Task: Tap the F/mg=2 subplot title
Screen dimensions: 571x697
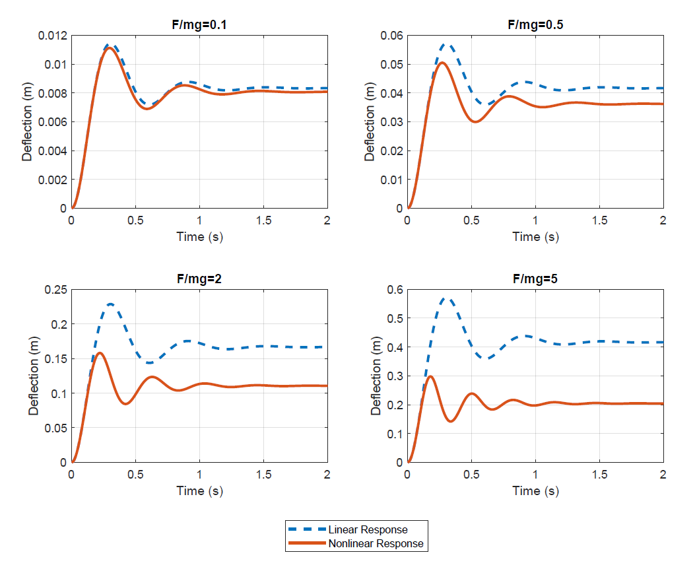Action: pos(199,279)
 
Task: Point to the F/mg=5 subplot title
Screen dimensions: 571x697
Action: pos(535,279)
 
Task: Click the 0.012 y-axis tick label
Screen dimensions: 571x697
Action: pos(51,36)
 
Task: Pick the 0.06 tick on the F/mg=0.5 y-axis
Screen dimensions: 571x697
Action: pos(392,36)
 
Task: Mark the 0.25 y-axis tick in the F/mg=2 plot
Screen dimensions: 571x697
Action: pos(56,290)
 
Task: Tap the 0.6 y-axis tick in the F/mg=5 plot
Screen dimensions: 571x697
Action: pos(395,290)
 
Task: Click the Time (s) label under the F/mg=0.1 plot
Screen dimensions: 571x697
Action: pos(199,237)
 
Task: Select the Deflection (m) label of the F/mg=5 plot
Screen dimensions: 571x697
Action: pos(377,376)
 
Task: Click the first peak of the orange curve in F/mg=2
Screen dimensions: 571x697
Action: pos(100,353)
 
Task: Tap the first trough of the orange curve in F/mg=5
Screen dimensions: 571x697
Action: pos(451,421)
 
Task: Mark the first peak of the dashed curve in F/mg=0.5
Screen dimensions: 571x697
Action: pos(447,45)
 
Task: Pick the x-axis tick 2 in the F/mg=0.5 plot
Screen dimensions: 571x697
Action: pos(663,220)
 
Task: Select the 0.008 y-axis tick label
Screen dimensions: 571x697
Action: pos(51,93)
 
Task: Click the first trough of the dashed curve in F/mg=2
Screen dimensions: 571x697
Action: pos(150,363)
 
